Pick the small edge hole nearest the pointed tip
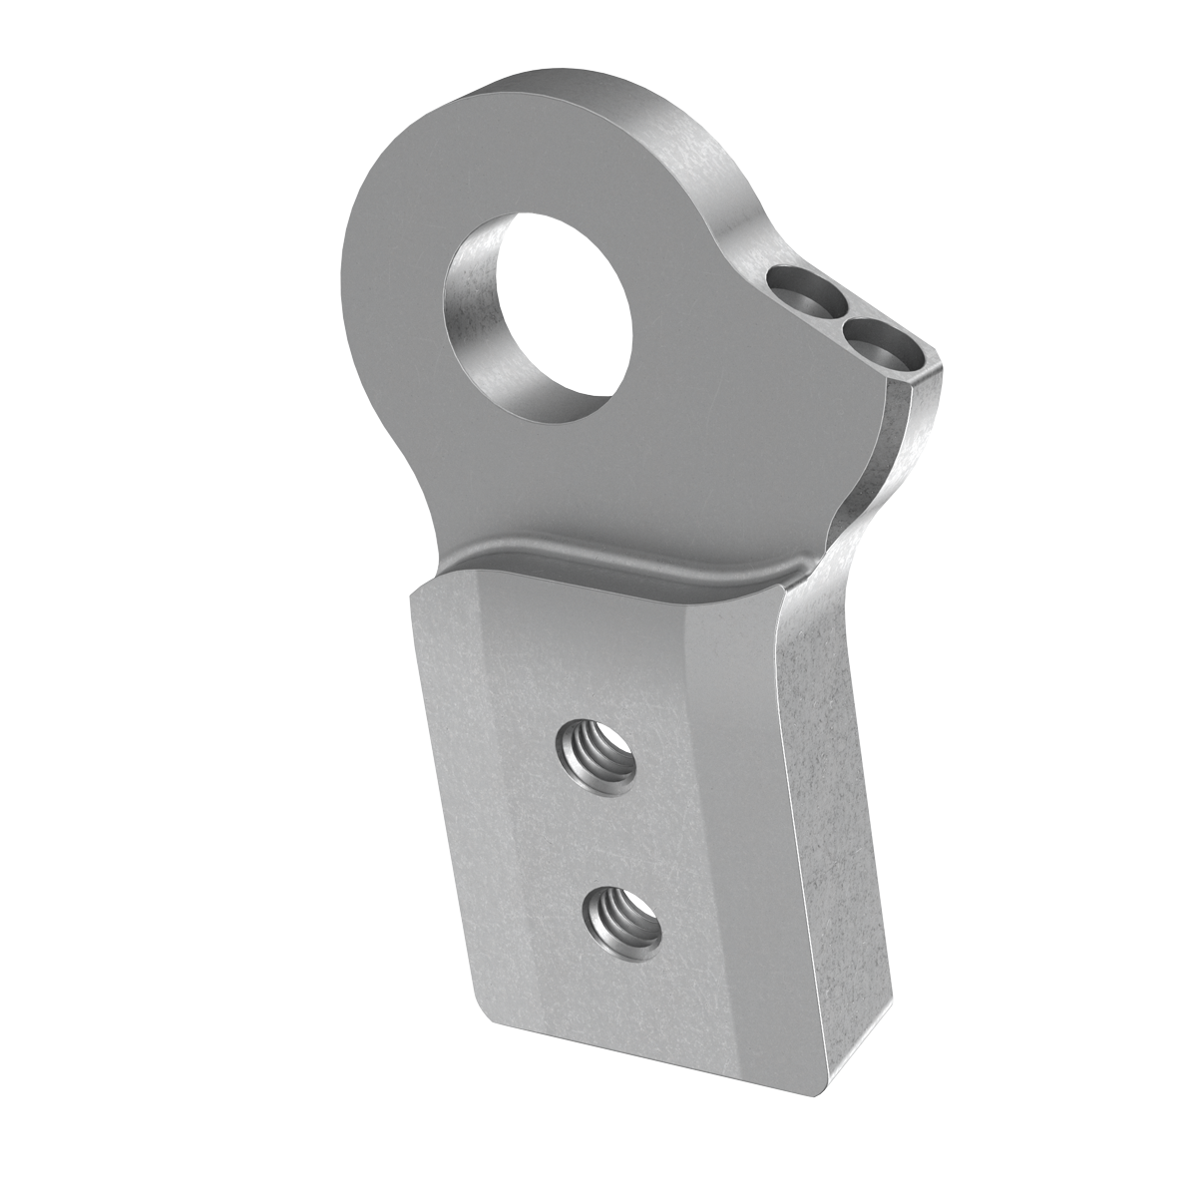876,343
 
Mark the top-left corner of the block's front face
413,595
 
